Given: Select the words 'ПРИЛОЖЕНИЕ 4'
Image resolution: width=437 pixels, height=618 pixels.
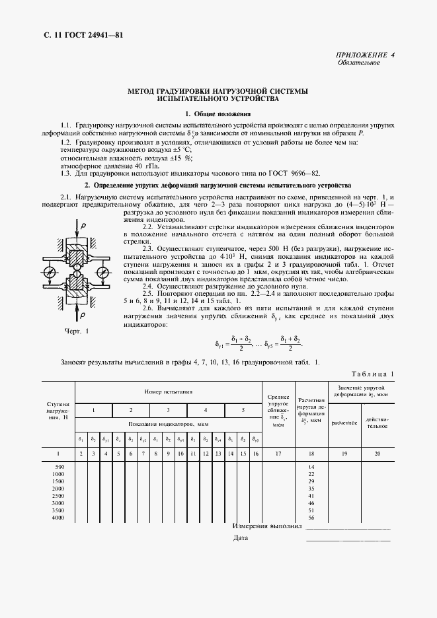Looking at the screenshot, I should coord(366,55).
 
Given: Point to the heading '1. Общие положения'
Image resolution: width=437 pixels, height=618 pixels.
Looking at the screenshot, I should coord(218,114).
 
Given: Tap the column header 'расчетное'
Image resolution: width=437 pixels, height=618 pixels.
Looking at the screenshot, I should coord(344,422).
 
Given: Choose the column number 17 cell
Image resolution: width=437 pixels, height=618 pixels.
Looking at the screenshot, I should coord(278,454).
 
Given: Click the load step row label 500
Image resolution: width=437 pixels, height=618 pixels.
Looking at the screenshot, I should coord(58,467).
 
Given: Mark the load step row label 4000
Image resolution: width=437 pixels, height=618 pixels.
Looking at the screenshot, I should coord(58,518).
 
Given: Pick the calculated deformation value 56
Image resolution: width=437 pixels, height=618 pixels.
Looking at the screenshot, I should coord(311,518).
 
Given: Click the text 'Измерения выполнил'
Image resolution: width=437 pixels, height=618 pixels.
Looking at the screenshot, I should coord(267,527).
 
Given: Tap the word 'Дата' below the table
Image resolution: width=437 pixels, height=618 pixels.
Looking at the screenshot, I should coord(241,538).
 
